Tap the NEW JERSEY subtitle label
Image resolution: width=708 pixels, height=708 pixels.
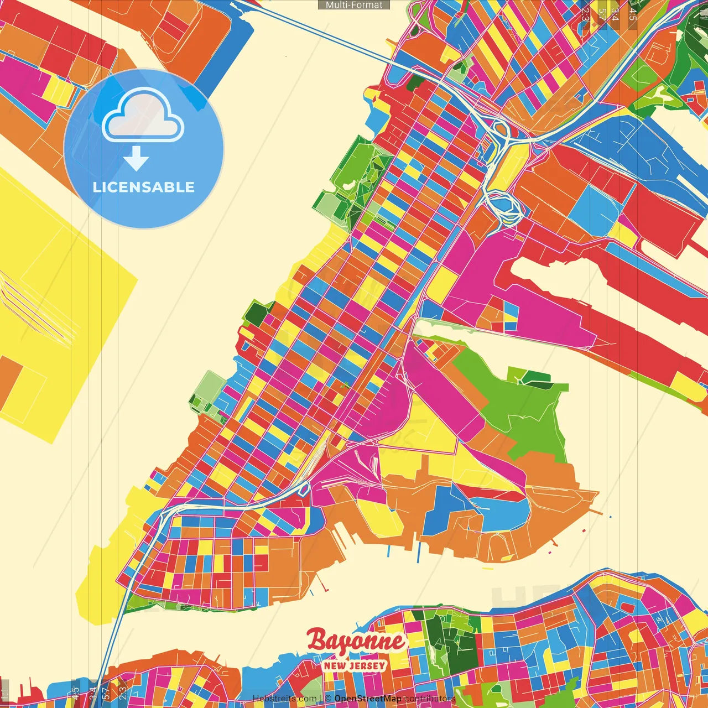pos(355,665)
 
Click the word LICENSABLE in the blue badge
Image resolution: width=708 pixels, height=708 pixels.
pos(143,187)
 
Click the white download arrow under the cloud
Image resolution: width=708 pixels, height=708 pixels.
pos(136,158)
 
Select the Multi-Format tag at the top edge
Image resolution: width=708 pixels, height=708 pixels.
pos(354,5)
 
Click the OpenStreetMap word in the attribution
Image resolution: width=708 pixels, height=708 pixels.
pos(367,699)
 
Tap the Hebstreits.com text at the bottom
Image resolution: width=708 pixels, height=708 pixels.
pos(284,699)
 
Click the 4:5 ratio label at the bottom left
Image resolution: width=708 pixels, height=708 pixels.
pos(75,693)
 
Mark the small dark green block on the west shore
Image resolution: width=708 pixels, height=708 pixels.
pos(256,313)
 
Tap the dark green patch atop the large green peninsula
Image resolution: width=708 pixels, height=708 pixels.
pos(535,378)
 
